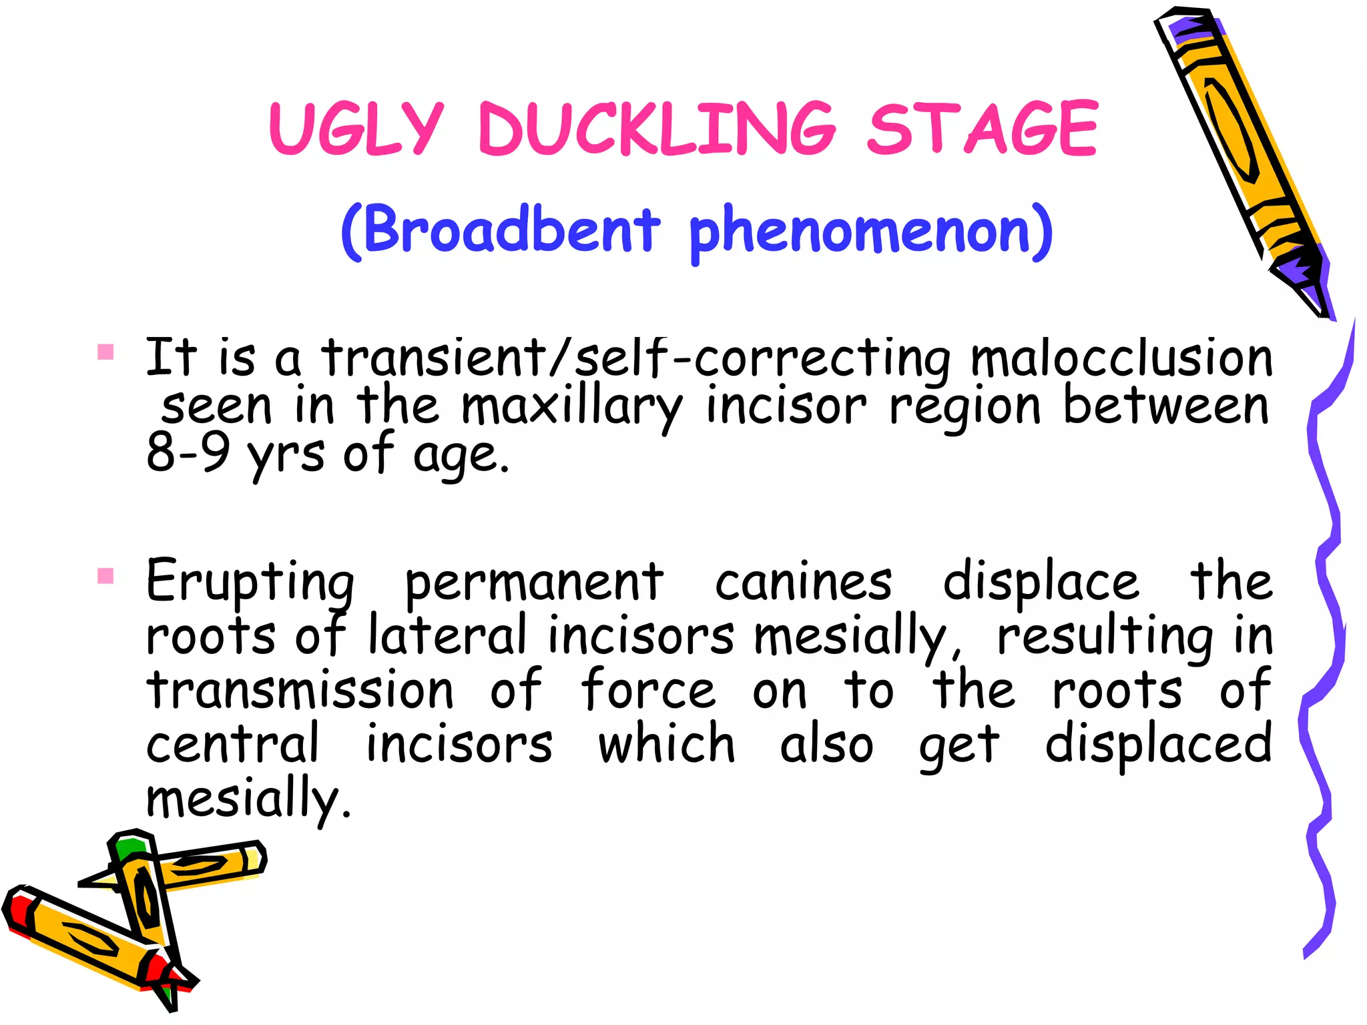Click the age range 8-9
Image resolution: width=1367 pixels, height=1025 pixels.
pos(188,453)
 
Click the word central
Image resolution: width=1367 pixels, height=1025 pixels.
pos(233,743)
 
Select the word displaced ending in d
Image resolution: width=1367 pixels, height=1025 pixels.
pos(1158,745)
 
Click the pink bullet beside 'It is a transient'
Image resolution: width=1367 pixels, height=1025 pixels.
pos(105,352)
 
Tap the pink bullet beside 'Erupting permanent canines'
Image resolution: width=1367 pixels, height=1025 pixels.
pos(105,575)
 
